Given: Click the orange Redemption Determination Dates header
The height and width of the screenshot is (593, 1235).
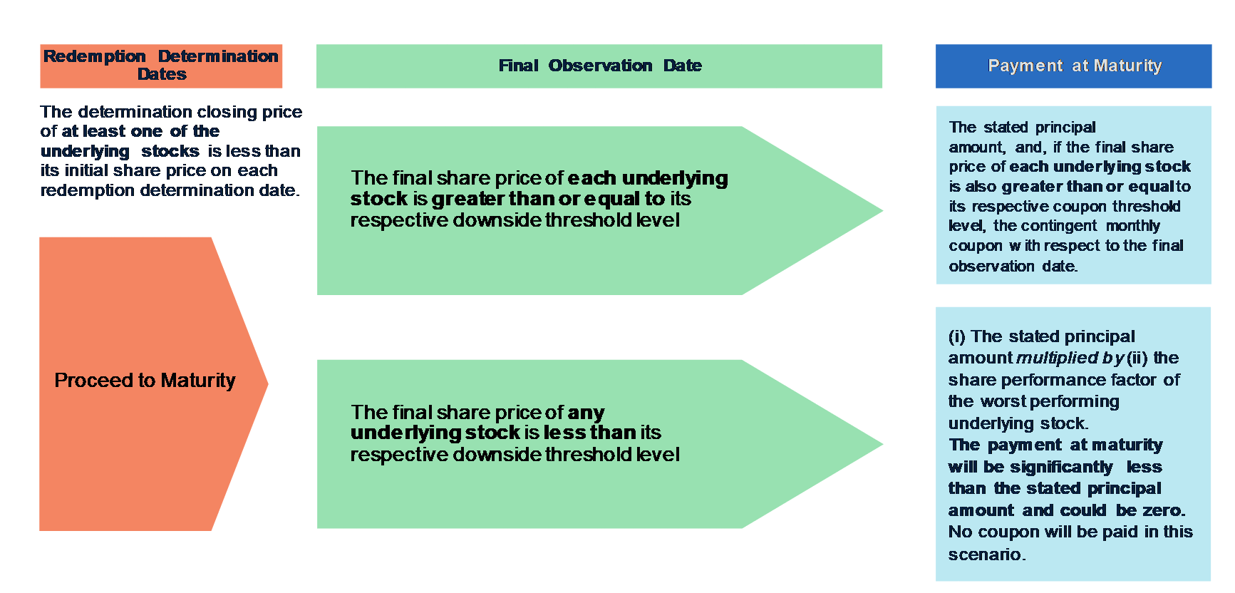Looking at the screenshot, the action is click(x=161, y=66).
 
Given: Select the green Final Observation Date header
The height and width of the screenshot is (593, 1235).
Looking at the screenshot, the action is click(x=599, y=66).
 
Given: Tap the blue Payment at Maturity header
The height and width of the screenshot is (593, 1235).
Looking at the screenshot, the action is click(x=1073, y=66).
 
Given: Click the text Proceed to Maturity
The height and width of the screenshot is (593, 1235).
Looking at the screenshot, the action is click(x=145, y=381).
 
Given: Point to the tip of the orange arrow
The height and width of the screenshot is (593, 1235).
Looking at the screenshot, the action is click(x=268, y=383).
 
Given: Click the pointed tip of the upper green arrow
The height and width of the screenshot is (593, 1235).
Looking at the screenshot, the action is click(x=883, y=210).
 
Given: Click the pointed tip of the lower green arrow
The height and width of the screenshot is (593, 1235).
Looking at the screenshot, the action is click(x=883, y=444).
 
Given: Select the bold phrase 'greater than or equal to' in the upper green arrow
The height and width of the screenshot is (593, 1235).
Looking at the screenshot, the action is click(x=548, y=199).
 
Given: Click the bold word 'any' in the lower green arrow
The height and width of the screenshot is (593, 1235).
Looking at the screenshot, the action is click(x=586, y=413).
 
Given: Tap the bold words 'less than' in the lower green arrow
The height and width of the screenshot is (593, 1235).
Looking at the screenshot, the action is click(x=589, y=433).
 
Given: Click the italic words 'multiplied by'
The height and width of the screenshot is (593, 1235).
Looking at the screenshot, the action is click(x=1070, y=358).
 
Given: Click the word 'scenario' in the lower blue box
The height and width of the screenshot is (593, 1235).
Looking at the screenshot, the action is click(x=986, y=555).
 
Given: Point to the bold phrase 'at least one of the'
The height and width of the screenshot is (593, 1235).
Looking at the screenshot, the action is click(x=140, y=131).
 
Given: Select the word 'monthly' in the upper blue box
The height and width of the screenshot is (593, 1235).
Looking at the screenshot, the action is click(x=1133, y=226).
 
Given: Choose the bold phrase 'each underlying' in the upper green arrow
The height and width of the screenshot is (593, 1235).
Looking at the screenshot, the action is click(x=648, y=178).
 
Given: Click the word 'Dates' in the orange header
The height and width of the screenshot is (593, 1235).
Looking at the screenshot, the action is click(x=162, y=74).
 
